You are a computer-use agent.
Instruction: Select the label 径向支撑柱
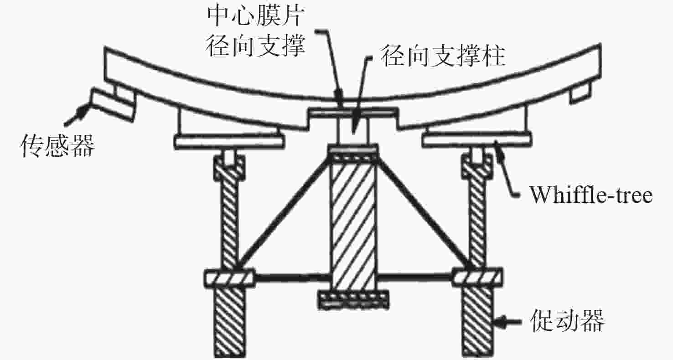pos(443,56)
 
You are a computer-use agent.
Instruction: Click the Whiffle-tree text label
pos(590,195)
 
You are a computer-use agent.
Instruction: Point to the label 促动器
pos(567,321)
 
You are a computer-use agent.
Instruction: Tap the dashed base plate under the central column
pos(353,299)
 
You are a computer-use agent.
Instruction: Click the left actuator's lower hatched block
pos(230,321)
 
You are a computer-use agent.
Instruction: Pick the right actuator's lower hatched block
pos(477,321)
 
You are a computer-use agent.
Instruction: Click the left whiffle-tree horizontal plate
pos(229,141)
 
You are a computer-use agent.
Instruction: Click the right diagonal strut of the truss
pos(424,214)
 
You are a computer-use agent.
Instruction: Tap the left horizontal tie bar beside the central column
pos(292,278)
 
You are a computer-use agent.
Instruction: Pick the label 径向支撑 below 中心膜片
pos(256,46)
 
